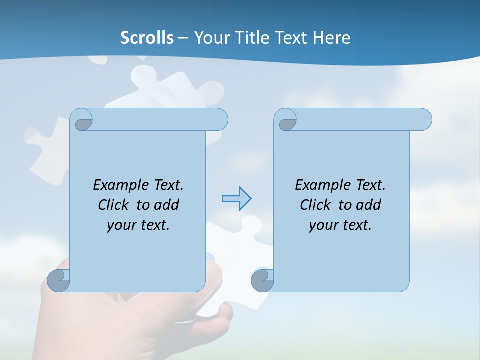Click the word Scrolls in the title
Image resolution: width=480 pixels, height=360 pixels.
147,38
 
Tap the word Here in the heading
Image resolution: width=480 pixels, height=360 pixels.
332,38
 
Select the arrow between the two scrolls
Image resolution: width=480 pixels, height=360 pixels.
236,199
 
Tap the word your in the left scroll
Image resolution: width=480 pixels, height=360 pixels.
121,225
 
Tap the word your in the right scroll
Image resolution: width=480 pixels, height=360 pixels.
323,225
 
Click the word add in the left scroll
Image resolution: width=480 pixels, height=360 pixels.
166,205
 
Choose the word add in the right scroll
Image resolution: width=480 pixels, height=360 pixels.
368,205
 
